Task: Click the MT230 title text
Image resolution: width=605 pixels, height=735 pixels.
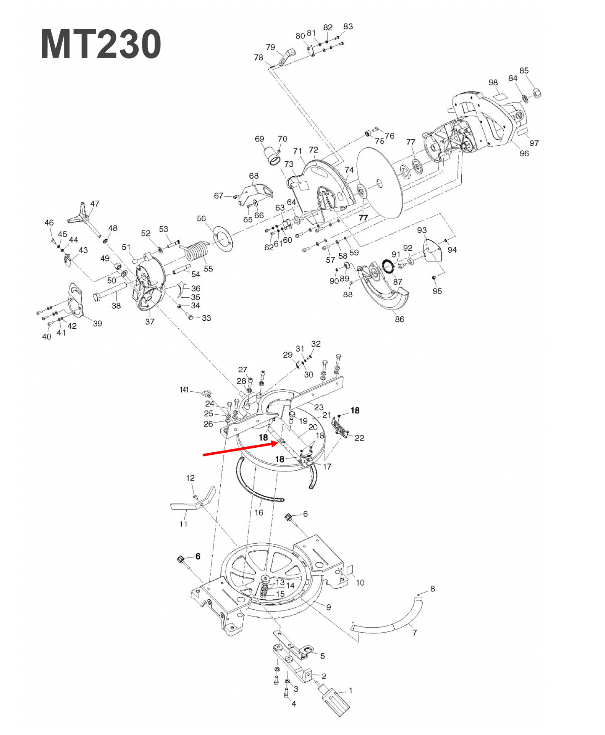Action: point(101,44)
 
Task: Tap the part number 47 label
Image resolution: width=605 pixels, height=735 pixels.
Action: point(95,204)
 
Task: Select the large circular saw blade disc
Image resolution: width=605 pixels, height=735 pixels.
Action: point(379,183)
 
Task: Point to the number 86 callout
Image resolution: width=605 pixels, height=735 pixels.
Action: point(399,319)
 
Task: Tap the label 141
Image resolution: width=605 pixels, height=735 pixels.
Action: point(184,390)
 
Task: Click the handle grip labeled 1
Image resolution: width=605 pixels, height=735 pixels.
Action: point(336,702)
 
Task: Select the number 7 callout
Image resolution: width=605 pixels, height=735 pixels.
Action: point(414,633)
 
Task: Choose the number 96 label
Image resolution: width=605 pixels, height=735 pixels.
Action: point(524,154)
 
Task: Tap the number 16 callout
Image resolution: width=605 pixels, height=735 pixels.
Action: point(259,512)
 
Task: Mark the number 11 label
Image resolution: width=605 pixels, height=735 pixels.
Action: point(183,524)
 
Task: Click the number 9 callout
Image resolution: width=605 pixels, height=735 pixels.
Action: point(328,607)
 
